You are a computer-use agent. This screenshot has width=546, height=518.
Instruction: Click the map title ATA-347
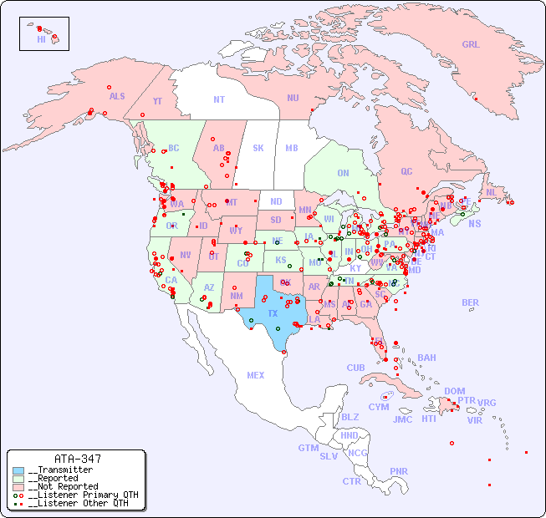tap(77, 459)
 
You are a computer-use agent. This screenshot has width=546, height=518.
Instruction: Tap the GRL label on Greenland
tap(471, 44)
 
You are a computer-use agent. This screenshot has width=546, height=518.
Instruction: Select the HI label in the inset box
tap(41, 39)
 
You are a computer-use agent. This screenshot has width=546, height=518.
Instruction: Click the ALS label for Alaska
tap(117, 96)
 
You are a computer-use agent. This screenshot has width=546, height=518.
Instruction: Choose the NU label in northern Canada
tap(293, 98)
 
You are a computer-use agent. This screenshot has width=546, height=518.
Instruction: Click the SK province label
tap(258, 148)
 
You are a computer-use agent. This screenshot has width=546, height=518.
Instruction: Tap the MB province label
tap(292, 148)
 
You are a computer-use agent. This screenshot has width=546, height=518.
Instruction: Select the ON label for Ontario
tap(343, 173)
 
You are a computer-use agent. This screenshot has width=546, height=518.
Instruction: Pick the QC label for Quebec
tap(406, 171)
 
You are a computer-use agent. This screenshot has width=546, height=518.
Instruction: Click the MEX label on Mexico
tap(256, 375)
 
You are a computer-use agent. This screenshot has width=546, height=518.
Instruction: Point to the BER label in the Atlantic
tap(471, 302)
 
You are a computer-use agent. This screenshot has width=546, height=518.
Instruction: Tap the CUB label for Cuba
tap(355, 368)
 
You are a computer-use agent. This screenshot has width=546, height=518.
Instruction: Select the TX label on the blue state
tap(273, 313)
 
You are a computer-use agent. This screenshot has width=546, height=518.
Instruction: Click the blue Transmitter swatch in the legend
tap(18, 470)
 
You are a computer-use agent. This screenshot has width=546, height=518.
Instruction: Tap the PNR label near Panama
tap(399, 471)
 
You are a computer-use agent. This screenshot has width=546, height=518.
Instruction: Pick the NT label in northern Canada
tap(219, 99)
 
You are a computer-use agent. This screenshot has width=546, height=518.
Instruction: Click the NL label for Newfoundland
tap(491, 192)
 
